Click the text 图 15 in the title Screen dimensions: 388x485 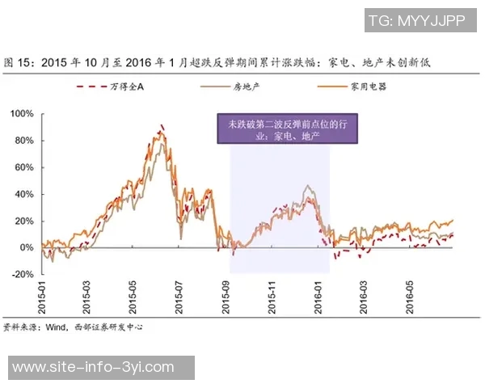pos(17,61)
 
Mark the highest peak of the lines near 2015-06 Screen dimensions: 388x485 pos(162,125)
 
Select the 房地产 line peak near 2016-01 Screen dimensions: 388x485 pos(307,186)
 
